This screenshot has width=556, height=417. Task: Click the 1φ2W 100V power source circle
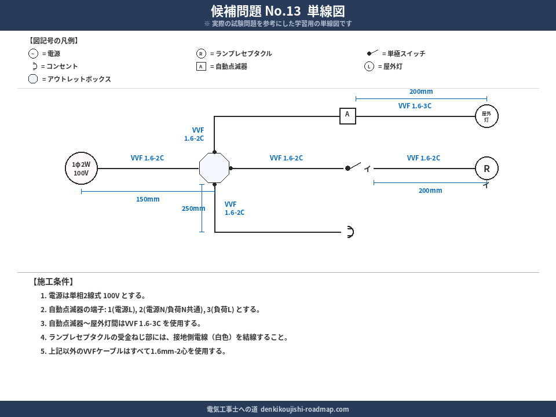[81, 169]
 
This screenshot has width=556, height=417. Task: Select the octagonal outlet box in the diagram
[214, 169]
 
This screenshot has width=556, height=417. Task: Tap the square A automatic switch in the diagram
[348, 116]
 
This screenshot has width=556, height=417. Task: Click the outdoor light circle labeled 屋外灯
[487, 116]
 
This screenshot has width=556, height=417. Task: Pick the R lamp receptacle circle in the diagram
[487, 169]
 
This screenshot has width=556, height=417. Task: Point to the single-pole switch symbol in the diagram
[353, 167]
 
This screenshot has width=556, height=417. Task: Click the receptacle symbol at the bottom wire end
[349, 232]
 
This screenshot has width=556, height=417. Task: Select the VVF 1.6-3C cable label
[415, 106]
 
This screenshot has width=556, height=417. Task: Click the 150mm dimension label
[148, 199]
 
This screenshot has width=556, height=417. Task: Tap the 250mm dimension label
[193, 209]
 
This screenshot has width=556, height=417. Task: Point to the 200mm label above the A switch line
[421, 92]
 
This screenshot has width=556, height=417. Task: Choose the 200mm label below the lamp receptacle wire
[430, 191]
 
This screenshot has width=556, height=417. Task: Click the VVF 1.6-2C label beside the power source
[147, 158]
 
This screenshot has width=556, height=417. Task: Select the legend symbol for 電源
[33, 54]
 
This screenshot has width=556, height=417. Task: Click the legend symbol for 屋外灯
[369, 67]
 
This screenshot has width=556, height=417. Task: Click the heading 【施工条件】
[52, 282]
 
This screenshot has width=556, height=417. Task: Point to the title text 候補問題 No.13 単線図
[278, 11]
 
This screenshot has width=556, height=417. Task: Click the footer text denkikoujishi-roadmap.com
[305, 409]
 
